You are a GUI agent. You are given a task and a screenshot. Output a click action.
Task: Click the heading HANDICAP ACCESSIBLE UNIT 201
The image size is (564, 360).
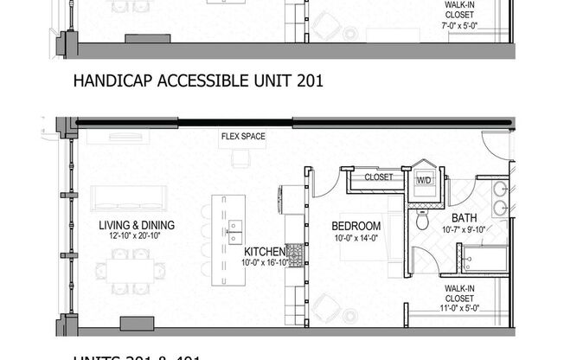[x=199, y=83]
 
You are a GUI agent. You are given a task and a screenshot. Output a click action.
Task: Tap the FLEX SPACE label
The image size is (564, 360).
[x=242, y=137]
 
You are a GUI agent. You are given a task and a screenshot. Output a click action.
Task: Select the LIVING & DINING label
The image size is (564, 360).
[x=136, y=225]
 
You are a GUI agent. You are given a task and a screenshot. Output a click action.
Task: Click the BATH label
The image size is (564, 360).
[x=463, y=219]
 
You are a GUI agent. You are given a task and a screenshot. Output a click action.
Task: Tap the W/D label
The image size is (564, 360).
[x=425, y=179]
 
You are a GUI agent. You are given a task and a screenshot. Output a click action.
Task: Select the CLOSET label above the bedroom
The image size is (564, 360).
[x=378, y=177]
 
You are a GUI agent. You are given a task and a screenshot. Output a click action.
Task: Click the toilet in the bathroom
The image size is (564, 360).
[x=423, y=221]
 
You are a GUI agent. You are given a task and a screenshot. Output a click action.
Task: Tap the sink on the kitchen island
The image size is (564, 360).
[x=234, y=228]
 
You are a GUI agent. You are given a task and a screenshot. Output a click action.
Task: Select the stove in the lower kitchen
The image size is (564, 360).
[x=294, y=254]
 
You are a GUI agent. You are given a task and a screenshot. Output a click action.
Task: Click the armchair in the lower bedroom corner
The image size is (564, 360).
[x=327, y=306]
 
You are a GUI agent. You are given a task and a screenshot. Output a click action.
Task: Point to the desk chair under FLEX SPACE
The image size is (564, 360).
[x=241, y=159]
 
